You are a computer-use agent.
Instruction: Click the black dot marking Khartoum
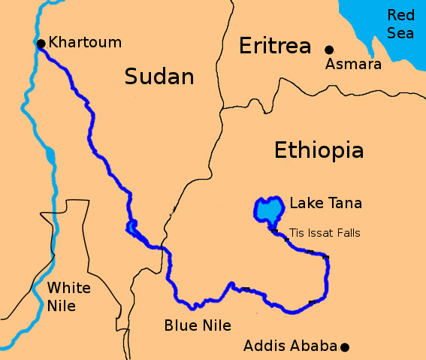41,44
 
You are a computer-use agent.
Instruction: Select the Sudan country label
159,76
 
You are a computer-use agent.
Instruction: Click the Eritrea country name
275,47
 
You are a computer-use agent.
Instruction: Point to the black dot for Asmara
328,50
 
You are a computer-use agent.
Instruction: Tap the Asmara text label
353,65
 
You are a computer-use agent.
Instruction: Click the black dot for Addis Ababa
345,346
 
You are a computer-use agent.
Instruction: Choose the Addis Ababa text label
290,346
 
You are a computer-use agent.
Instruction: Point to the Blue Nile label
198,325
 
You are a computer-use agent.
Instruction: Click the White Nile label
68,297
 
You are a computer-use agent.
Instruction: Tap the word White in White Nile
68,289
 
